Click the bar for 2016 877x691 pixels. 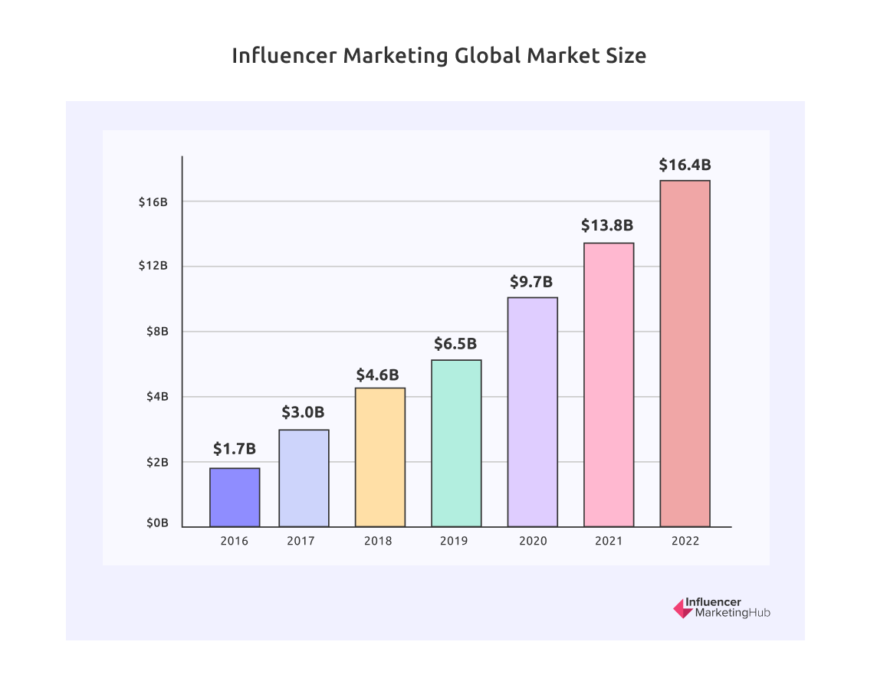(x=235, y=497)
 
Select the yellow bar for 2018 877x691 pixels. (x=380, y=457)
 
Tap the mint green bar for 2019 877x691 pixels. (x=456, y=444)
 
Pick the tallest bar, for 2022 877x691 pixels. (x=685, y=354)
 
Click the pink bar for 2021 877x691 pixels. (x=609, y=385)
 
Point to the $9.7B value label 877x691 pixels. (x=531, y=281)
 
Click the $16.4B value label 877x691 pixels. (x=685, y=165)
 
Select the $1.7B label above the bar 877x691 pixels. (x=235, y=448)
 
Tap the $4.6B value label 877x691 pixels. (x=377, y=375)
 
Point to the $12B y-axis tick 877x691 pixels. (x=153, y=266)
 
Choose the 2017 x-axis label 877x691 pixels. (x=301, y=541)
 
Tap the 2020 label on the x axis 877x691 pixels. (x=533, y=541)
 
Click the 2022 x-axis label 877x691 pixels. (x=685, y=541)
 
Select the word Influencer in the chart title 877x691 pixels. (x=284, y=56)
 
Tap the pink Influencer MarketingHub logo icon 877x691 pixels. (x=681, y=608)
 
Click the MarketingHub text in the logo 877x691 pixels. (x=732, y=614)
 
